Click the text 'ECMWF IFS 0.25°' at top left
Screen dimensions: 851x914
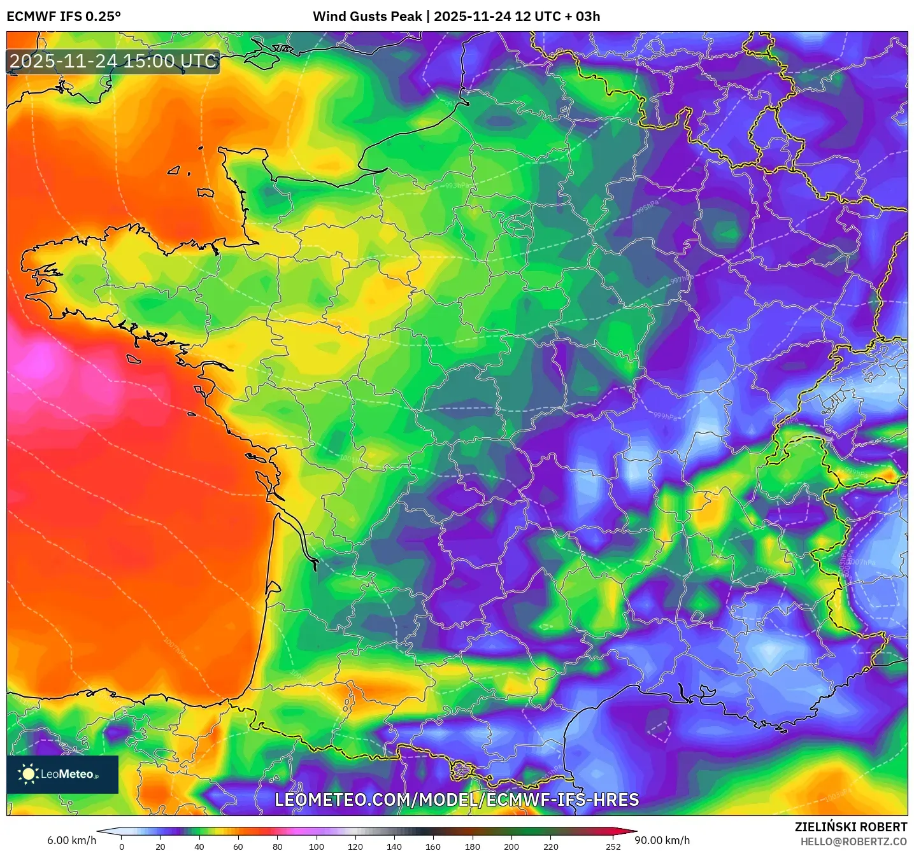tap(64, 17)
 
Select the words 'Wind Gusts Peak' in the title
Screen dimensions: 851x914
tap(367, 17)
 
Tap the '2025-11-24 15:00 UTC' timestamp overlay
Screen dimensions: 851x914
tap(113, 62)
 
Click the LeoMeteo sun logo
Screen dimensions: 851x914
tap(28, 774)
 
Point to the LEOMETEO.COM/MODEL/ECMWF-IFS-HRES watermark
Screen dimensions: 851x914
tap(457, 800)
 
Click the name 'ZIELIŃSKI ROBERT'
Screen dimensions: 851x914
tap(850, 827)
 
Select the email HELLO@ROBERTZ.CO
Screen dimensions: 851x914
tap(853, 841)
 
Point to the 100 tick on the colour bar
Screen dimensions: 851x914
tap(317, 846)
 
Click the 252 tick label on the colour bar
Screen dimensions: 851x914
tap(613, 846)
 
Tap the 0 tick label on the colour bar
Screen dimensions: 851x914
tap(122, 846)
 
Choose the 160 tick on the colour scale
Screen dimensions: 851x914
tap(433, 846)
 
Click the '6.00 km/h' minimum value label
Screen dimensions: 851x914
tap(71, 840)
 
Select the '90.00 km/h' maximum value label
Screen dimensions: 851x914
tap(662, 840)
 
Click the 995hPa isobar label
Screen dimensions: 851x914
tap(647, 207)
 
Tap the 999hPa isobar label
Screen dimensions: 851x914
tap(666, 416)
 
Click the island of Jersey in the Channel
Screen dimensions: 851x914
tap(205, 192)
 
